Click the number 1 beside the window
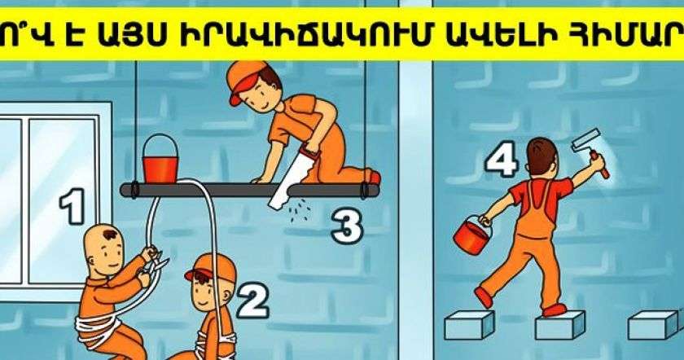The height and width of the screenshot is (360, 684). point(72,206)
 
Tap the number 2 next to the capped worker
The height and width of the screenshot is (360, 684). point(252,301)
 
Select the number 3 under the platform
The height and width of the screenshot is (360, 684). point(347,226)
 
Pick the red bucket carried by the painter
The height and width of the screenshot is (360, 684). point(472,235)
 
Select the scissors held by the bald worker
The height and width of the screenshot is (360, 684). point(158,261)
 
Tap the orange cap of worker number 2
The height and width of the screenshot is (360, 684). point(212,267)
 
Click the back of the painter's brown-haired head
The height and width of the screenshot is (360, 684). point(541,157)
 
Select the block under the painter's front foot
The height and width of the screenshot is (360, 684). point(559,325)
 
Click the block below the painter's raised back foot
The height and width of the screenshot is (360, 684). point(469,325)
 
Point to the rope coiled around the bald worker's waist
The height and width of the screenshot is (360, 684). point(99,325)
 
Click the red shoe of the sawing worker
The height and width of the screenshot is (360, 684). point(375,177)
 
